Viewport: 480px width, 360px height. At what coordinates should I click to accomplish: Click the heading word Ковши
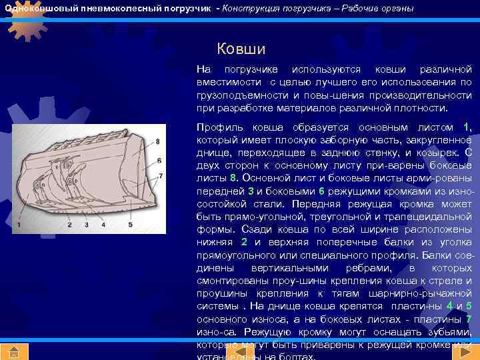coord(241,49)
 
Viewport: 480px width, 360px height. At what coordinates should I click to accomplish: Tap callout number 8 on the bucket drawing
coord(157,141)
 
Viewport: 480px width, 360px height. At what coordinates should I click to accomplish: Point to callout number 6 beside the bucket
coord(160,160)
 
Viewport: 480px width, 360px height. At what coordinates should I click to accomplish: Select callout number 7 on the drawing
coord(161,176)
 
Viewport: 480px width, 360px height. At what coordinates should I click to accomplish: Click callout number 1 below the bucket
coord(19,226)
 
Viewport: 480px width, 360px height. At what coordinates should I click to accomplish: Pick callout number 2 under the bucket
coord(69,226)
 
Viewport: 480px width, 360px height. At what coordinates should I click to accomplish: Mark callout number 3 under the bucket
coord(86,226)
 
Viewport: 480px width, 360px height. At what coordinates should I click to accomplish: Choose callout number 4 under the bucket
coord(103,226)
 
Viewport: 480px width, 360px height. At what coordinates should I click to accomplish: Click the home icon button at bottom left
coord(14,351)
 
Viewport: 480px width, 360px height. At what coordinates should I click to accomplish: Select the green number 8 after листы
coord(233,178)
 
